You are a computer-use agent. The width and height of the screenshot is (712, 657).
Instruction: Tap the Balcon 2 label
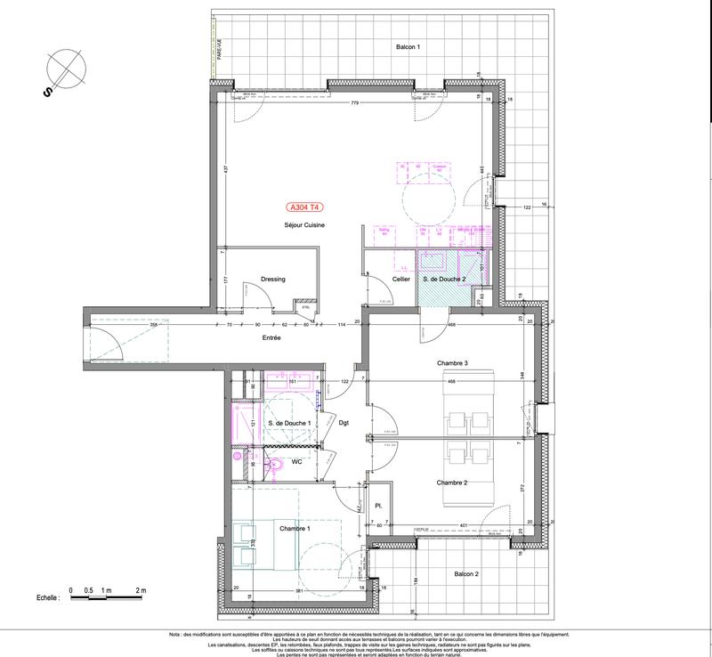[x=465, y=574]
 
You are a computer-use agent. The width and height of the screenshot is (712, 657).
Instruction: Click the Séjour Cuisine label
[x=304, y=225]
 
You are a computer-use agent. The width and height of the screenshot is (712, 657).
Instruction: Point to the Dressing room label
[x=273, y=280]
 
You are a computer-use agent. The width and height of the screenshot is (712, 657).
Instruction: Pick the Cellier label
[x=401, y=280]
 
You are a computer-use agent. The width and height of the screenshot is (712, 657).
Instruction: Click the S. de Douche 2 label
[x=444, y=280]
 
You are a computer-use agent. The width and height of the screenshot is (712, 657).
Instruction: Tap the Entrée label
[x=271, y=338]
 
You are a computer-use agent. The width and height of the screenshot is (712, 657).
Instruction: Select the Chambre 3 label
[x=452, y=363]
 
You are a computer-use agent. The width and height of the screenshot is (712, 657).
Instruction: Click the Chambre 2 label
[x=452, y=483]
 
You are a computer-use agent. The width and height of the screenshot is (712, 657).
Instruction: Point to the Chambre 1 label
[x=295, y=529]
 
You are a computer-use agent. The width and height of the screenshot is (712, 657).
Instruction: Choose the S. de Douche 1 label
[x=288, y=423]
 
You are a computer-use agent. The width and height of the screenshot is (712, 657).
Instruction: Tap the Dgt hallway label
[x=344, y=423]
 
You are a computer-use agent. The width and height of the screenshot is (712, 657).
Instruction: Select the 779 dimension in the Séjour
[x=354, y=104]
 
